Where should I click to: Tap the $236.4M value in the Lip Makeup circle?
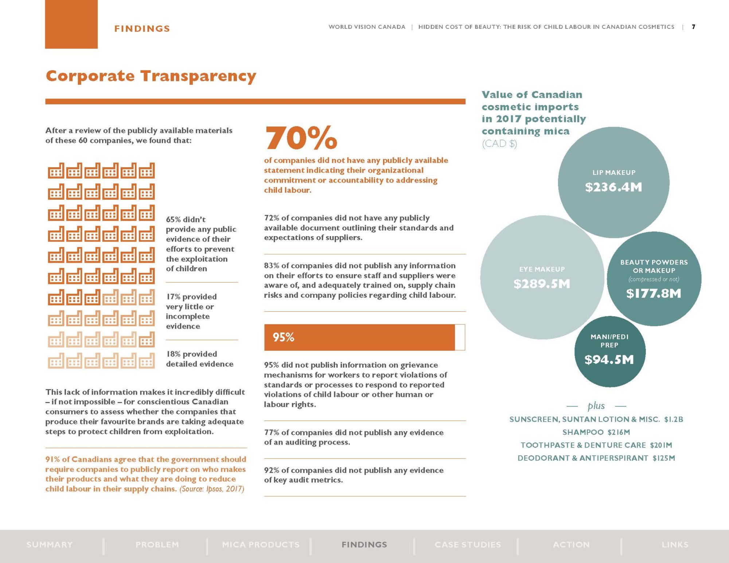613,187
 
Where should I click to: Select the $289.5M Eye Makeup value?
542,284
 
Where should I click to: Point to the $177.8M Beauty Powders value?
654,293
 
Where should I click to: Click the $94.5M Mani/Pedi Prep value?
609,360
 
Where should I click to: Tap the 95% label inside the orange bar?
284,337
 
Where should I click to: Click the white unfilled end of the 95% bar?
460,337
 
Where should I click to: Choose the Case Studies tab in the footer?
468,545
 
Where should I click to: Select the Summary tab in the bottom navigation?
50,545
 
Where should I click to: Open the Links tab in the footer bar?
675,545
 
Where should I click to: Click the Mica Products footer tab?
261,545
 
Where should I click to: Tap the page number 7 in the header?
694,27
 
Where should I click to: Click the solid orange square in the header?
71,24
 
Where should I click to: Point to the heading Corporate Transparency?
151,76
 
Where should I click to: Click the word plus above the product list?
596,406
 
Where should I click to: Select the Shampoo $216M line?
596,432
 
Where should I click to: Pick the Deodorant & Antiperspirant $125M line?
596,458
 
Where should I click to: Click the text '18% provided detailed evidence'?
199,359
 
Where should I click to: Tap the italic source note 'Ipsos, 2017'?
212,489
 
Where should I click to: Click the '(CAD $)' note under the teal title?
499,144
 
